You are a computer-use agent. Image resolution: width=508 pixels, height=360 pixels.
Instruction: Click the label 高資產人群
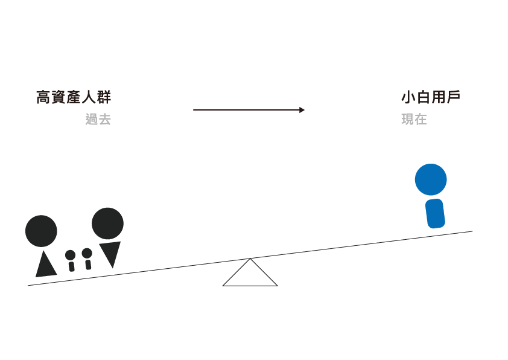[74, 98]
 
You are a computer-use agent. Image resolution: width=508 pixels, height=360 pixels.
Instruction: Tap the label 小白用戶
[430, 98]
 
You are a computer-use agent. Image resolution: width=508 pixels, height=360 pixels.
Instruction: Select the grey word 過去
[98, 120]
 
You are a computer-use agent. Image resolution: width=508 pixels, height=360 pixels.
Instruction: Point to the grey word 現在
[414, 120]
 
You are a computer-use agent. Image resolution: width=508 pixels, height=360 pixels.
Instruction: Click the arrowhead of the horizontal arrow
[302, 110]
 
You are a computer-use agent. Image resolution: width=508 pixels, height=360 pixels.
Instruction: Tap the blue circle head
[431, 179]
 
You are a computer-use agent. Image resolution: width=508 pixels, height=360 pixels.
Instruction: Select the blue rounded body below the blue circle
[435, 214]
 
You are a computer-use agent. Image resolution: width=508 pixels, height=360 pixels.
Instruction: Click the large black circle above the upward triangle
[41, 231]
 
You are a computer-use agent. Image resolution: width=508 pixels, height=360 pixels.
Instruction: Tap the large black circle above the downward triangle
[107, 223]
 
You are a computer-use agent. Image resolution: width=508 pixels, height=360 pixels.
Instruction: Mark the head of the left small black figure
[71, 255]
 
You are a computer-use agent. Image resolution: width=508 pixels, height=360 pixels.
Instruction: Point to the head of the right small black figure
[87, 253]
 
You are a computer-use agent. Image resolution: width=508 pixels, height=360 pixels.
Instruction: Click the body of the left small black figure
[72, 266]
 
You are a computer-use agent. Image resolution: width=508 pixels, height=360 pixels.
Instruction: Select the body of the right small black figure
[88, 265]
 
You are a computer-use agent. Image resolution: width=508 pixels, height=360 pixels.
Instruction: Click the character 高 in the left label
[43, 98]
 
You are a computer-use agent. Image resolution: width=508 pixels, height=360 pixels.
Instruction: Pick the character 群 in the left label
[104, 98]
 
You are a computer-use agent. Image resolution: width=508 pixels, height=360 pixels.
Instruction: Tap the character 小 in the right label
[408, 98]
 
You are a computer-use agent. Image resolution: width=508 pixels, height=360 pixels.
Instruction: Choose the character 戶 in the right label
[453, 98]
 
